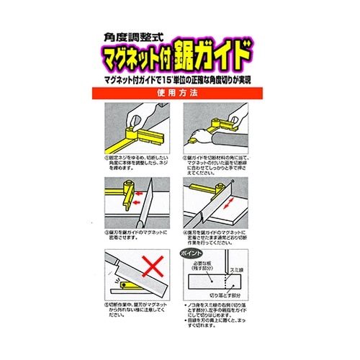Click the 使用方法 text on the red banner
[179, 94]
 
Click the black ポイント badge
[192, 254]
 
